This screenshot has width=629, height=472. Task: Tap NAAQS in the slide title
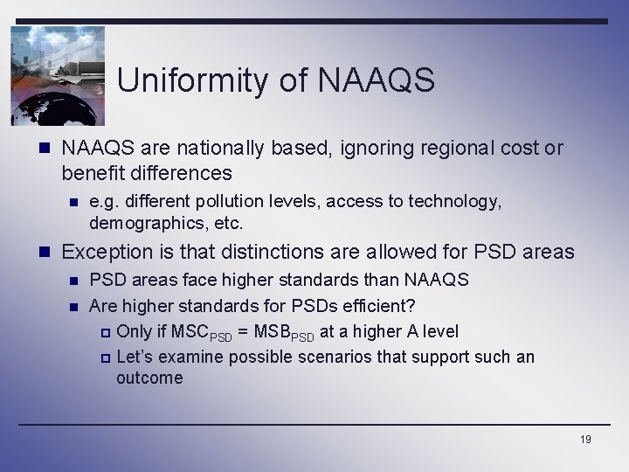[377, 81]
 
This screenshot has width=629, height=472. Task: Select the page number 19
[585, 439]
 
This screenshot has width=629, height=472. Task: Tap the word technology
[458, 202]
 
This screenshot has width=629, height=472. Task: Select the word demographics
[137, 223]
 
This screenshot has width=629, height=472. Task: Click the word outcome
[149, 378]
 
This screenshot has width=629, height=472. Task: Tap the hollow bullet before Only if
[105, 332]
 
